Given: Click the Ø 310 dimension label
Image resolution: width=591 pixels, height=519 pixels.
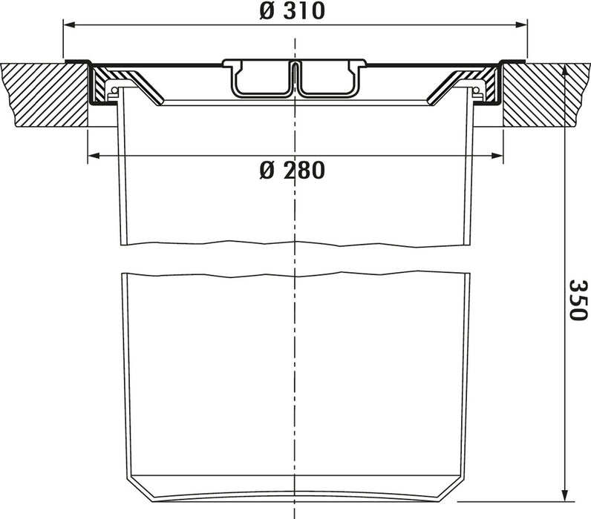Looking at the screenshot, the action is (292, 10).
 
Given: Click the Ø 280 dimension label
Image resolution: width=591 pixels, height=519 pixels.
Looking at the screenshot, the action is (292, 170).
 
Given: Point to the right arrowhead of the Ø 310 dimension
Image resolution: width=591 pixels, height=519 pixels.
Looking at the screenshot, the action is (521, 25).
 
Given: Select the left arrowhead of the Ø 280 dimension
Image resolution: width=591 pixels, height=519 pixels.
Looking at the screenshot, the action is (94, 156).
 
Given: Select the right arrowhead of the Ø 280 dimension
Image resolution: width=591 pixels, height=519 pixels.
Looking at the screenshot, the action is (497, 156).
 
